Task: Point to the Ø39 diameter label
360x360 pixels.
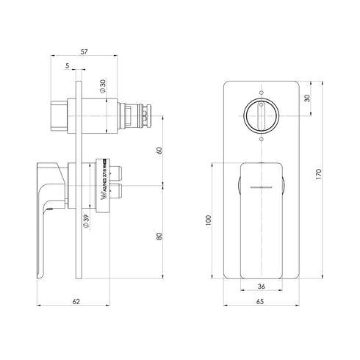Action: [x=86, y=222]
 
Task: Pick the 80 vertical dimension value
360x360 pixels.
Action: [x=159, y=237]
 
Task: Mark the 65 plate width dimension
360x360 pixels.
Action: [x=262, y=301]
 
